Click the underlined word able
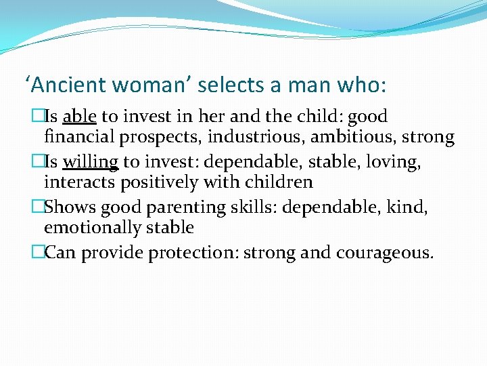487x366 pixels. coord(79,117)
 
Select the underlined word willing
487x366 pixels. coord(91,162)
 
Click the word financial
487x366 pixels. coord(80,137)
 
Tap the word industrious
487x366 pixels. coord(252,137)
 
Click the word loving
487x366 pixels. coord(395,163)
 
